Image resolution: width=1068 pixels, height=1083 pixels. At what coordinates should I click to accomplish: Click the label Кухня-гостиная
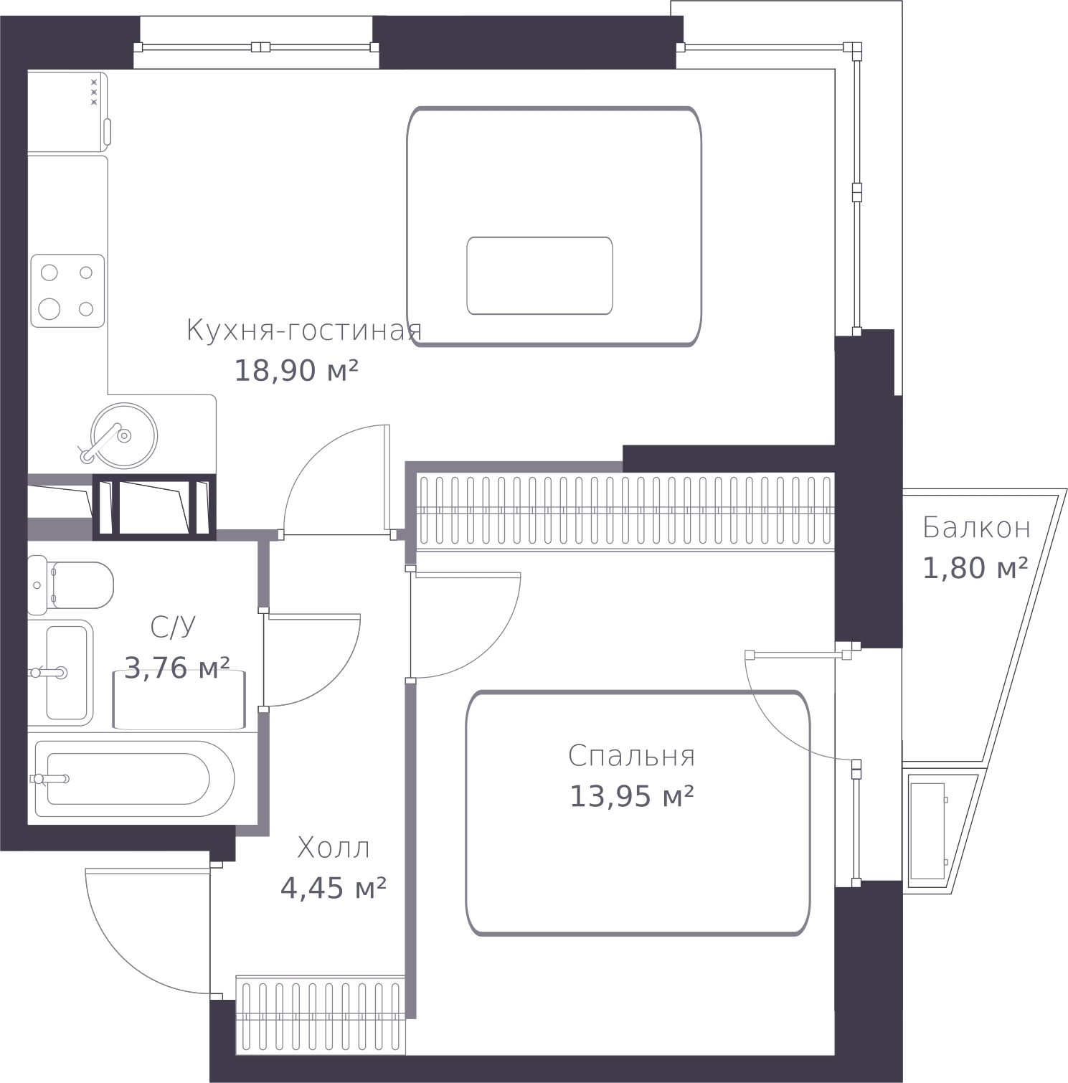coord(303,331)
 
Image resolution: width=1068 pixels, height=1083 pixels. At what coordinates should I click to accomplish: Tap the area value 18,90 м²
coord(296,371)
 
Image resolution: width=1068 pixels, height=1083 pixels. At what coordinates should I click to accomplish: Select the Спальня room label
coord(631,756)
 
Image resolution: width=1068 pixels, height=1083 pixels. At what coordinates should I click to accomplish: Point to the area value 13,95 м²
coord(631,796)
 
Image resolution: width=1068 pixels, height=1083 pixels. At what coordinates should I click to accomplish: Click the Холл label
coord(334,848)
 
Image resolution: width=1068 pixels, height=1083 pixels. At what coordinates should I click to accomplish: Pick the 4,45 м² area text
coord(334,889)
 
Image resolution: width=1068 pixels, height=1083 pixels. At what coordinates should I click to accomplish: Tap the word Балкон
coord(976,528)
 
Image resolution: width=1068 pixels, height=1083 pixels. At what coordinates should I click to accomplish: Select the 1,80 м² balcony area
coord(975,569)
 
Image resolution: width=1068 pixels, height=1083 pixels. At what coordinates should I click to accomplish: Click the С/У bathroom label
coord(173,628)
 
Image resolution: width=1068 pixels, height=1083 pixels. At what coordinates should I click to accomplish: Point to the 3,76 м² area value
coord(177,668)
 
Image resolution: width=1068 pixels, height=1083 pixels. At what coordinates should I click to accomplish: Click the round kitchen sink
coord(124,435)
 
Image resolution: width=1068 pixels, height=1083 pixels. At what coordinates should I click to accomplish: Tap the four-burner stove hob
coord(67,291)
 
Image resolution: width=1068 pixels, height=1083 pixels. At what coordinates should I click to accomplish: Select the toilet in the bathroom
coord(71,585)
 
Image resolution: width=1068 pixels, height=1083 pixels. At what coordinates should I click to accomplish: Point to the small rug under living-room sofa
coord(539,275)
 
